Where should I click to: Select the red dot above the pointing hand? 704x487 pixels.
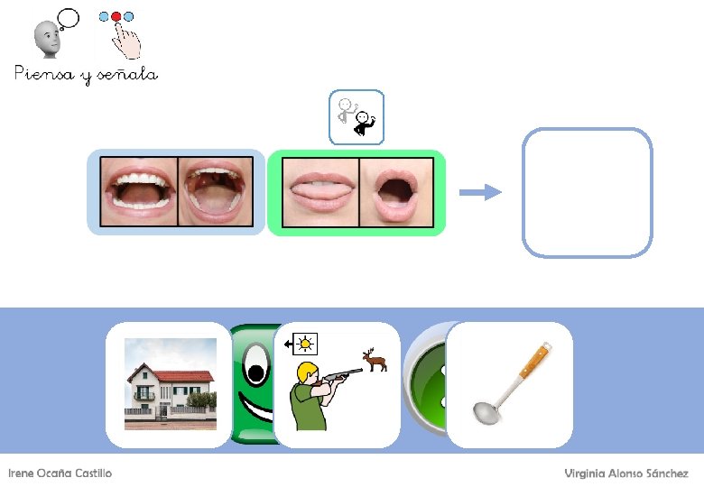116,17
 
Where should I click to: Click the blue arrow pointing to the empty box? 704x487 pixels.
480,192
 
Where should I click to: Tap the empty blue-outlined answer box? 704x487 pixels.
587,192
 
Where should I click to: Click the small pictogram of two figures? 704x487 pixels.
357,117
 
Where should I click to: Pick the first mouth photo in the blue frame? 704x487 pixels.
139,192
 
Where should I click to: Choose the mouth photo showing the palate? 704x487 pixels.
216,192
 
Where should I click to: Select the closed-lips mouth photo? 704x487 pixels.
320,192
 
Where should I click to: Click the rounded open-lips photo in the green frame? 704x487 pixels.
396,192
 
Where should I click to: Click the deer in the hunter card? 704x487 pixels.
375,359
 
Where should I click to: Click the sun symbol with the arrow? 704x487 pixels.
302,344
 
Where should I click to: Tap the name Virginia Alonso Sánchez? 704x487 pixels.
626,473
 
